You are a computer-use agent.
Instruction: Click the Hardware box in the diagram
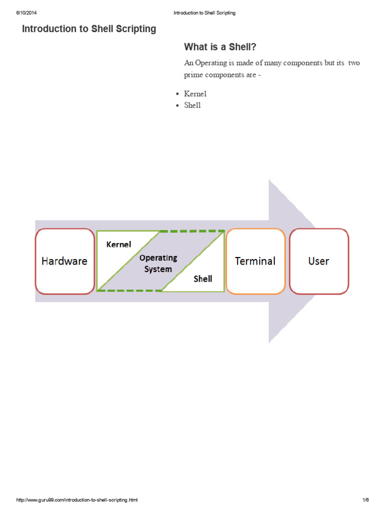[64, 261]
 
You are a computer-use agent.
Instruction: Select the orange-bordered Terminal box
[255, 261]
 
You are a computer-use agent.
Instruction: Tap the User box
[319, 261]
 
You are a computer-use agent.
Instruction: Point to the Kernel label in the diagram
[119, 244]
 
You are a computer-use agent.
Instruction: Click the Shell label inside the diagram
[203, 279]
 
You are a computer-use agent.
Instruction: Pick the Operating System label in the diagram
[158, 263]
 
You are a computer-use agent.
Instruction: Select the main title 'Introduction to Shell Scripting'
[89, 29]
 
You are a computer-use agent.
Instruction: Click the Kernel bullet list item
[195, 94]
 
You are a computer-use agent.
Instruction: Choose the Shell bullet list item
[192, 105]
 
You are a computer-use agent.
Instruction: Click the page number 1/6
[365, 500]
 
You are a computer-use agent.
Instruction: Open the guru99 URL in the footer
[77, 500]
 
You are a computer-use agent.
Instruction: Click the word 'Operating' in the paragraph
[212, 63]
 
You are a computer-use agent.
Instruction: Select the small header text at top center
[204, 13]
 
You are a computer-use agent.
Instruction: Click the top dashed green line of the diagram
[192, 231]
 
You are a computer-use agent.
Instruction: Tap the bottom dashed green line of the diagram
[129, 291]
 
